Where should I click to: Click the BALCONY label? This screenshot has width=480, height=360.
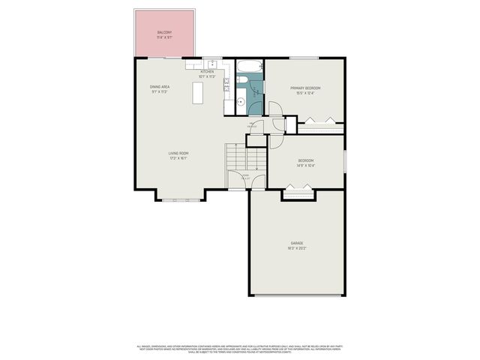(x=164, y=32)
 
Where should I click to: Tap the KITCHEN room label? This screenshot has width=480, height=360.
(x=207, y=72)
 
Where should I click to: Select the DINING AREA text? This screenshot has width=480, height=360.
(x=159, y=87)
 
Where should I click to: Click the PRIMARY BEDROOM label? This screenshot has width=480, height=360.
(x=305, y=88)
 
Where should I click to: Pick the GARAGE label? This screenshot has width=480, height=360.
(x=296, y=243)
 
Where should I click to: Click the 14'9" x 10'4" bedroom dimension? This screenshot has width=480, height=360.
(x=305, y=165)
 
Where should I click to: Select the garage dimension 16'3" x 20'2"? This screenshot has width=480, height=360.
(x=296, y=248)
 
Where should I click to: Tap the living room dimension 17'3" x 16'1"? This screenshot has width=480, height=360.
(x=178, y=158)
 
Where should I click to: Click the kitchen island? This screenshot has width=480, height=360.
(x=198, y=93)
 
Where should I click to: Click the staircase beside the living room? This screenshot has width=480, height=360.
(x=245, y=157)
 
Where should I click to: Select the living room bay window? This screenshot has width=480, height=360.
(x=181, y=200)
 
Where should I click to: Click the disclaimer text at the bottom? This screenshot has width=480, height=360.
(x=239, y=349)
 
